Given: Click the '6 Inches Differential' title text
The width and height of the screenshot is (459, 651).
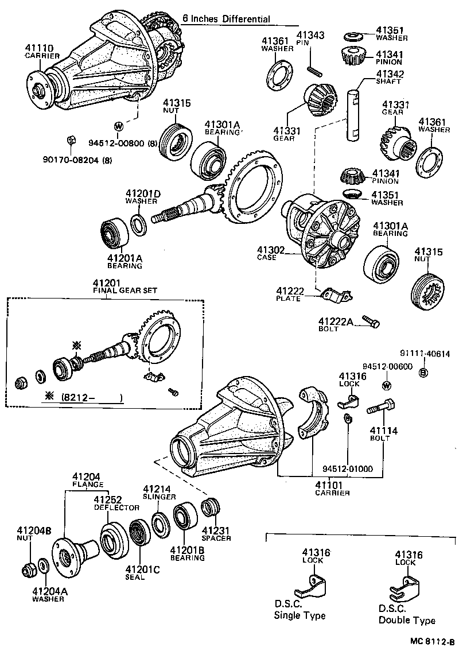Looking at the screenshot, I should tap(226, 19).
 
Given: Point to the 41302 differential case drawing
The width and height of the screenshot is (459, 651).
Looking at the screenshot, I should tap(321, 232).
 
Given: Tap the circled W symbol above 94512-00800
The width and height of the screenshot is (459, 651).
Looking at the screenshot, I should tap(118, 125).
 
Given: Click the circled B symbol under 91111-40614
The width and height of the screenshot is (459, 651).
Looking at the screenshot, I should tap(423, 373).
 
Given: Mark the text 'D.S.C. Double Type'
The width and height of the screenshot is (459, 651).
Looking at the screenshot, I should tap(406, 614).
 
